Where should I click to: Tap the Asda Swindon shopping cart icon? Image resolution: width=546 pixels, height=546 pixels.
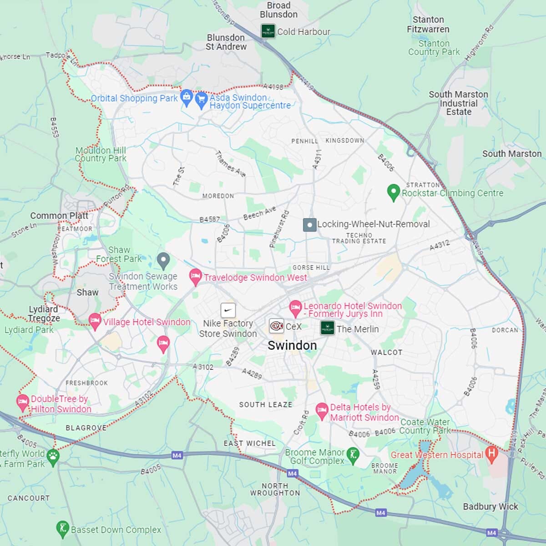[201, 99]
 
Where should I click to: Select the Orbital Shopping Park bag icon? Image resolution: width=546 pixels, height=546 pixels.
[186, 97]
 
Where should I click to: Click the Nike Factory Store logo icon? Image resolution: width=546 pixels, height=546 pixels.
[228, 310]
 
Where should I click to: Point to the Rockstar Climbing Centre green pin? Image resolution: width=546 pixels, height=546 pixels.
[393, 192]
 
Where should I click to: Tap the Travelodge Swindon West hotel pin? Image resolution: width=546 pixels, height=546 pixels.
[195, 276]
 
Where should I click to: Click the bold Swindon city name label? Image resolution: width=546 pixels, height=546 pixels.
[292, 345]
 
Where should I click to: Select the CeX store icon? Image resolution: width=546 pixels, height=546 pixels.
[276, 326]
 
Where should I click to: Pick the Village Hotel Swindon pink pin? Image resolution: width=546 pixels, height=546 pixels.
[95, 321]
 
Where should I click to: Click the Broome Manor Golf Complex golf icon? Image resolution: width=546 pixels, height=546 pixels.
[353, 455]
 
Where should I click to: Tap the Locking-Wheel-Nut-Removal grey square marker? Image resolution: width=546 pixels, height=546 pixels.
[309, 224]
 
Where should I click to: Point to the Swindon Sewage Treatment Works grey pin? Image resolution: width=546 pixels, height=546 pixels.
[163, 260]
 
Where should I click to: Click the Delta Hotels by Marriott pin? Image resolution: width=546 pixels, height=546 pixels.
[322, 410]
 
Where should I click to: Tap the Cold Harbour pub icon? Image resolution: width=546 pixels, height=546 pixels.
[268, 31]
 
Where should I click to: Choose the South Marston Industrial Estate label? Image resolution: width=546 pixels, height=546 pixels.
[458, 103]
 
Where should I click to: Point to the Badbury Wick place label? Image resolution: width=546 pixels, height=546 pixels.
[490, 506]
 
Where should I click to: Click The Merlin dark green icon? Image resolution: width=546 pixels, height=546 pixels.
[328, 328]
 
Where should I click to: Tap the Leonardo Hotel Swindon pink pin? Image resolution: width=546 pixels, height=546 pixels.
[295, 308]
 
